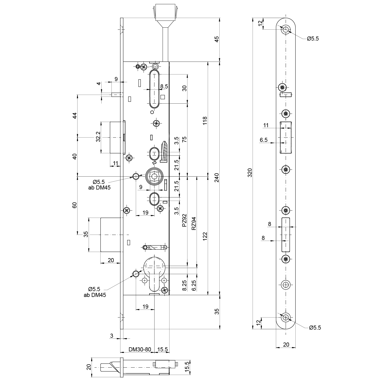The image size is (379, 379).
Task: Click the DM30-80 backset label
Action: click(140, 349)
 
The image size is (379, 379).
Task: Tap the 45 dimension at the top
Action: click(217, 39)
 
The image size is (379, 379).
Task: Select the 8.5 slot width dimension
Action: click(164, 86)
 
